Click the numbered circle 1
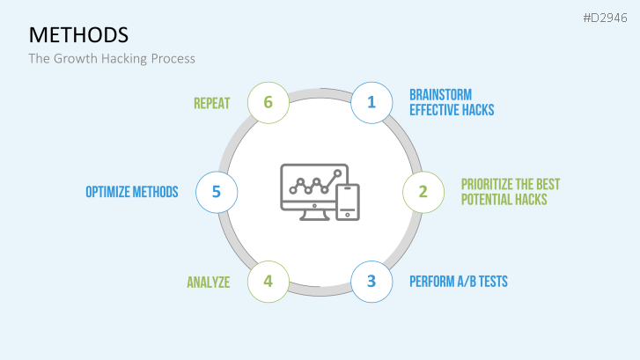(371, 102)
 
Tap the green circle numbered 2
(423, 192)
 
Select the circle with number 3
(371, 282)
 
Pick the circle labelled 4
(269, 282)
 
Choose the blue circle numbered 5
(217, 192)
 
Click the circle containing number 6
(269, 102)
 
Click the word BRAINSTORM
(441, 95)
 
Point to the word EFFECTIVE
(432, 110)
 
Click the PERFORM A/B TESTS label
(459, 282)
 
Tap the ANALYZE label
(209, 282)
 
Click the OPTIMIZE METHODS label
(132, 192)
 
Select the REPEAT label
(212, 103)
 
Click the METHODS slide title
(78, 34)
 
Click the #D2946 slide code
(605, 18)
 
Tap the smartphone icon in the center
(348, 202)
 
